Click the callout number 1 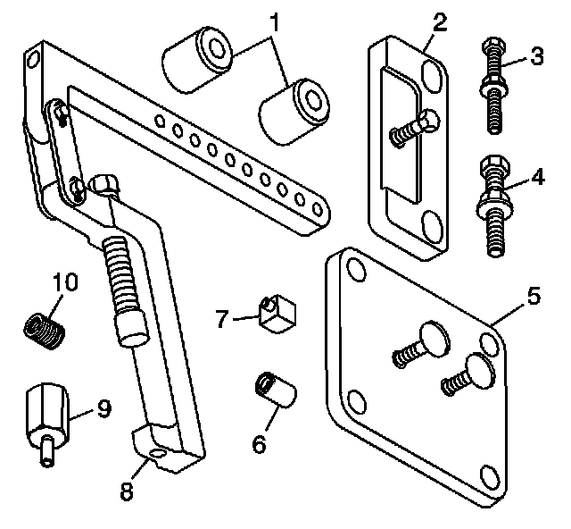(x=276, y=19)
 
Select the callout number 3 (x=536, y=55)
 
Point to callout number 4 (x=537, y=176)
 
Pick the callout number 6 (x=259, y=442)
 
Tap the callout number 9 (x=103, y=409)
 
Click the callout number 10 (x=65, y=283)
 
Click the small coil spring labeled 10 (x=44, y=330)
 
